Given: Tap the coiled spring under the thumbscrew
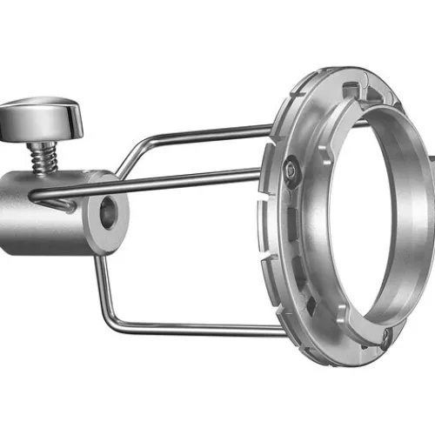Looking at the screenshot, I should (x=41, y=157).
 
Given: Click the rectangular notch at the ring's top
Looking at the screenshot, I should (x=351, y=90).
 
